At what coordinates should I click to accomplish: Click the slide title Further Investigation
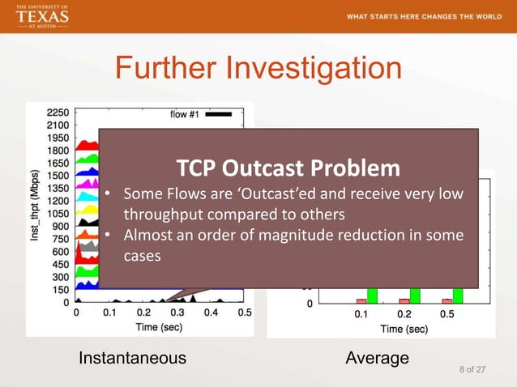[x=258, y=68]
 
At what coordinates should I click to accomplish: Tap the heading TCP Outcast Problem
[x=288, y=168]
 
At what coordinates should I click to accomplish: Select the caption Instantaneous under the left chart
[x=131, y=358]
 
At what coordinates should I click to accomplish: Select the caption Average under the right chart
[x=377, y=358]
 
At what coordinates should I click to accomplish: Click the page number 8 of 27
[x=472, y=370]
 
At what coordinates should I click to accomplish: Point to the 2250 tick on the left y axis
[x=58, y=113]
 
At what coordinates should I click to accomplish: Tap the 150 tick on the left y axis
[x=60, y=289]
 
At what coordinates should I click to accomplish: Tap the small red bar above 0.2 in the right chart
[x=404, y=300]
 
